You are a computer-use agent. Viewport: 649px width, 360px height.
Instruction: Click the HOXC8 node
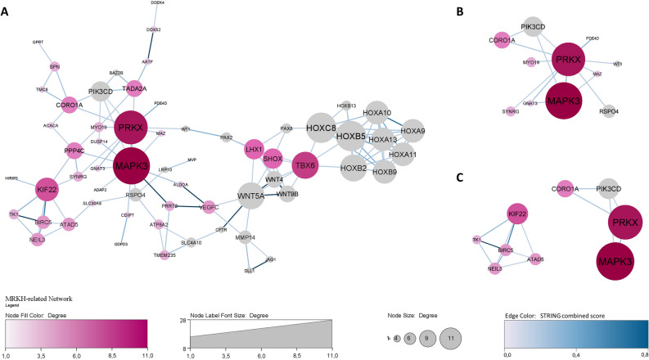pyautogui.click(x=323, y=128)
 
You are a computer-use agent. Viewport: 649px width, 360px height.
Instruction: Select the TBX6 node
pyautogui.click(x=304, y=164)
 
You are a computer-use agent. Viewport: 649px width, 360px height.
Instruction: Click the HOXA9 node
pyautogui.click(x=413, y=131)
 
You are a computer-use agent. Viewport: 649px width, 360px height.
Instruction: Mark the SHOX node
pyautogui.click(x=273, y=160)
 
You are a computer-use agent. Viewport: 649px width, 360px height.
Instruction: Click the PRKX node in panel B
pyautogui.click(x=566, y=61)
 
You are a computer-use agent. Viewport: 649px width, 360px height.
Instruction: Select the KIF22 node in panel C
pyautogui.click(x=516, y=215)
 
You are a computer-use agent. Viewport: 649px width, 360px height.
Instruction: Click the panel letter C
pyautogui.click(x=460, y=178)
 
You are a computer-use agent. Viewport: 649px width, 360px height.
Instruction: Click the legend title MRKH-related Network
pyautogui.click(x=39, y=299)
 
